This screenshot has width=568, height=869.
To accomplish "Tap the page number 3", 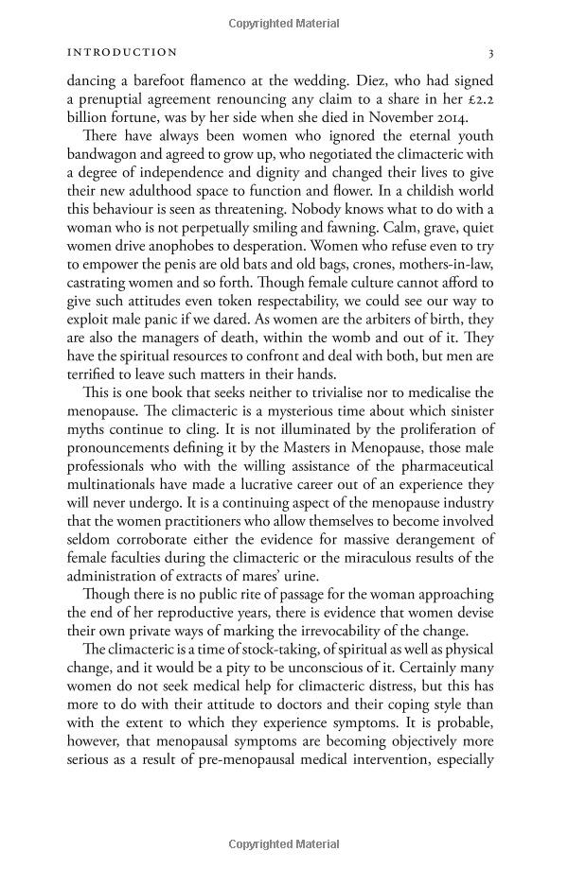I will pos(490,53).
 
